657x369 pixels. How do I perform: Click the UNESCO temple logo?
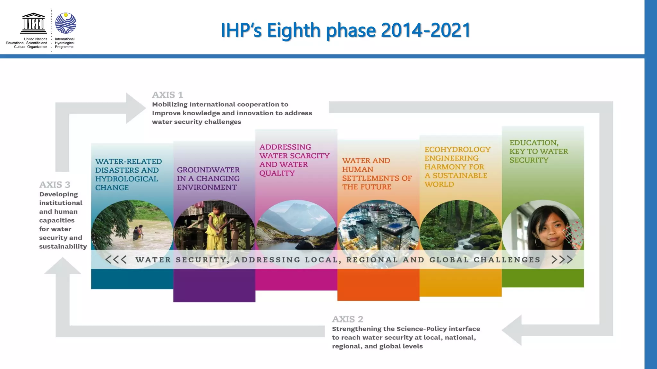pos(33,23)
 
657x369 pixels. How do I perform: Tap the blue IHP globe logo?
pos(66,23)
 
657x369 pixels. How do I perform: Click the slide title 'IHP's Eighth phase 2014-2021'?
pos(346,30)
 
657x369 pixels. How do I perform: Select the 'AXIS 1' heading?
pos(167,95)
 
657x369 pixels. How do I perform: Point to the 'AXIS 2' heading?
pos(347,319)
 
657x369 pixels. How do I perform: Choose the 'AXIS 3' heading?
pos(55,184)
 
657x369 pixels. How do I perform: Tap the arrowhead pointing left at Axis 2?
pos(512,330)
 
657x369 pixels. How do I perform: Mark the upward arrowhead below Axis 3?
pos(63,266)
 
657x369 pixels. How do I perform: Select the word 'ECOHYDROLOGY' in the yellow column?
pos(457,150)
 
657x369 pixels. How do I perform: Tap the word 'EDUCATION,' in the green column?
pos(534,143)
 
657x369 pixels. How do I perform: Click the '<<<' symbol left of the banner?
pos(116,259)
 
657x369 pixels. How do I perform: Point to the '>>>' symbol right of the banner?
pos(562,259)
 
